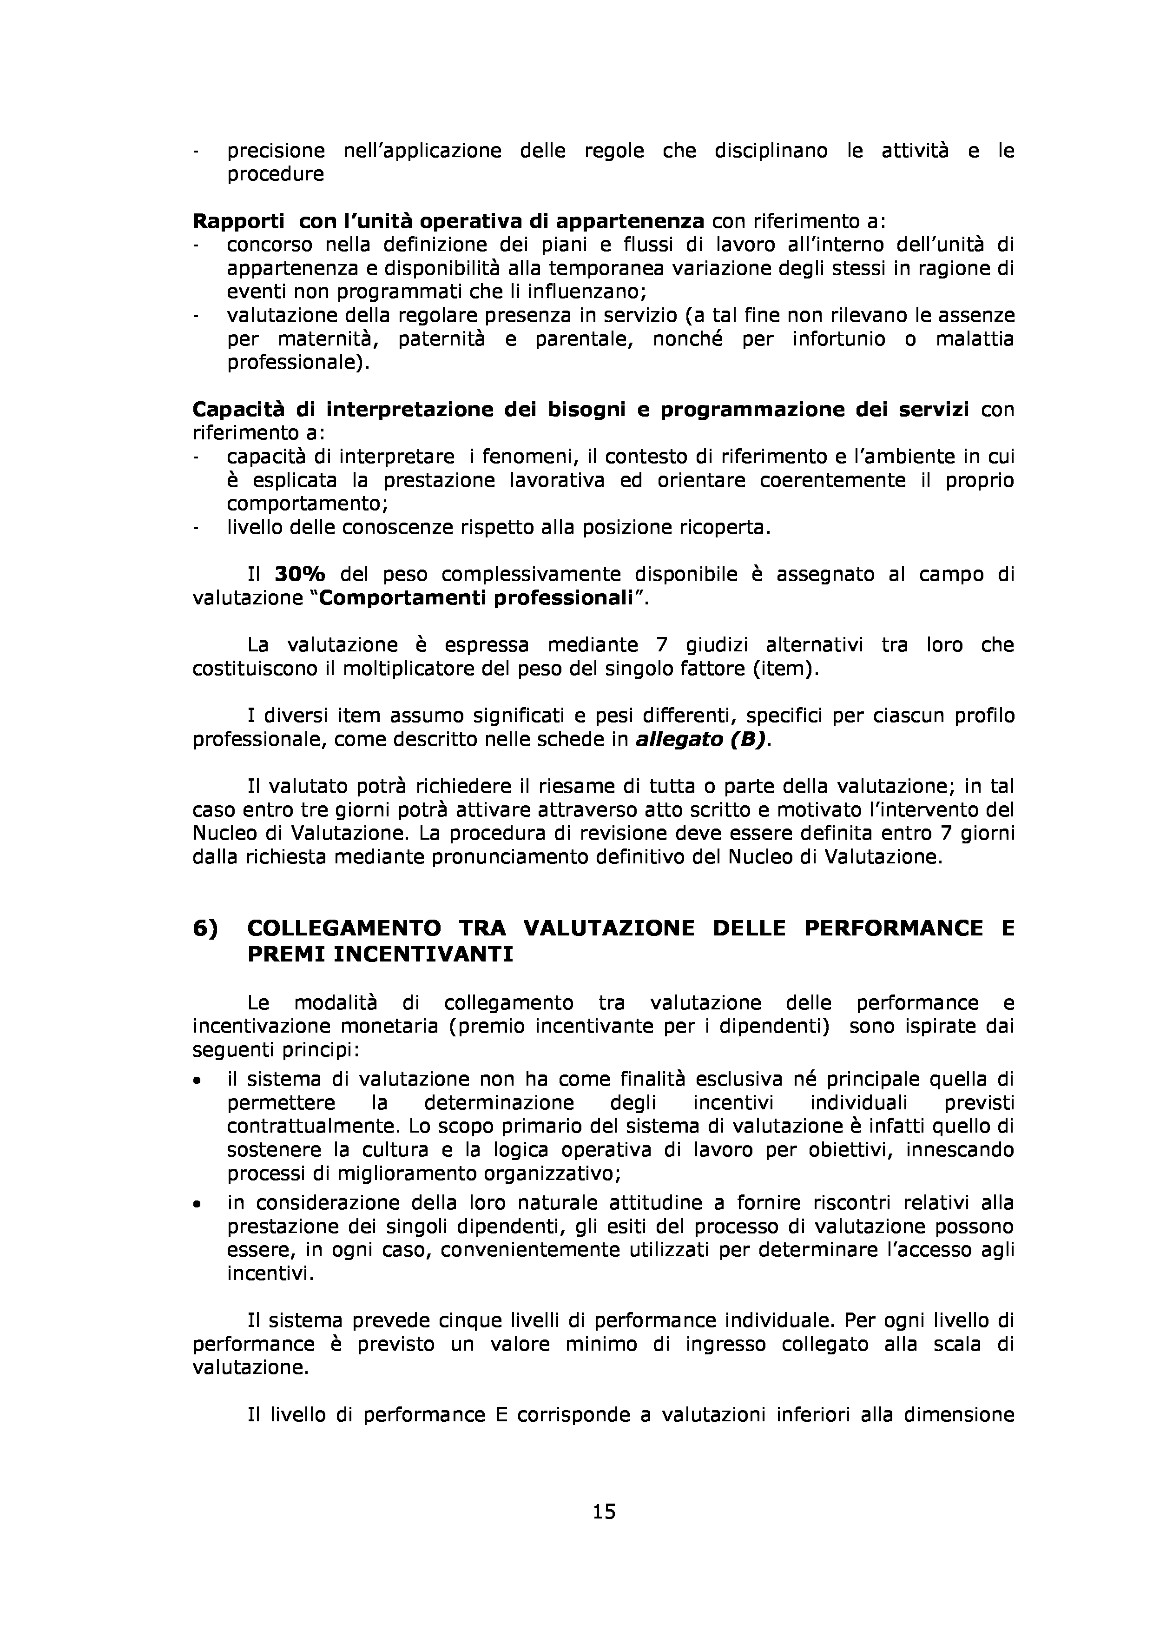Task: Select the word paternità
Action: [x=431, y=339]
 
